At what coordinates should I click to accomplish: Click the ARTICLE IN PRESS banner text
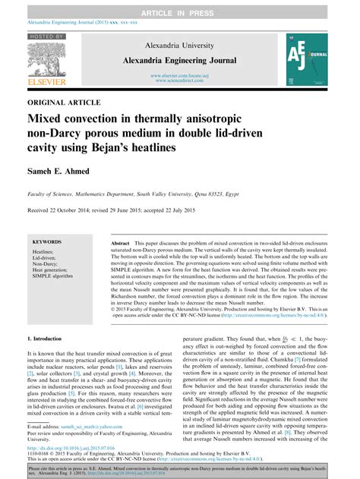(x=180, y=7)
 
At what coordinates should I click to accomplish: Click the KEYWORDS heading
(x=48, y=241)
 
